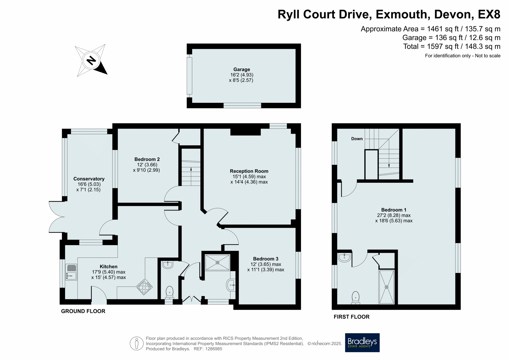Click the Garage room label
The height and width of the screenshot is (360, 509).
(242, 69)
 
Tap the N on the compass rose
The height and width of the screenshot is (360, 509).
(91, 60)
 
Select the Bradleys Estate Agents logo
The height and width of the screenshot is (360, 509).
(362, 343)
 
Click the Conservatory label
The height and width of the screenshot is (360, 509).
(89, 179)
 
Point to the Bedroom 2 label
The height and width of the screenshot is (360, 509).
(147, 159)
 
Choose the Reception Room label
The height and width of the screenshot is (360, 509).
(249, 171)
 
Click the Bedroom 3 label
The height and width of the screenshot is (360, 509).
(266, 259)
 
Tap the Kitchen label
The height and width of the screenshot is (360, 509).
(108, 266)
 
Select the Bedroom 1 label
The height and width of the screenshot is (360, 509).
(394, 210)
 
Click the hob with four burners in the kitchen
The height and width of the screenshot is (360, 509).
(144, 287)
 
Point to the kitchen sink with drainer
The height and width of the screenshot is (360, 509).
(71, 272)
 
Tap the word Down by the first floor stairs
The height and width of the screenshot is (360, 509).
(357, 139)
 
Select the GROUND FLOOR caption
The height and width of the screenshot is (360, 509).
(83, 311)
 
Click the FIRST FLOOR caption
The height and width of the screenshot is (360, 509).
(352, 317)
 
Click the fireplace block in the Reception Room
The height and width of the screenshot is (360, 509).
(245, 132)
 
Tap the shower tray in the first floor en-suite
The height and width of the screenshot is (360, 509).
(387, 287)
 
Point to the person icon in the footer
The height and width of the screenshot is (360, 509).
(137, 344)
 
